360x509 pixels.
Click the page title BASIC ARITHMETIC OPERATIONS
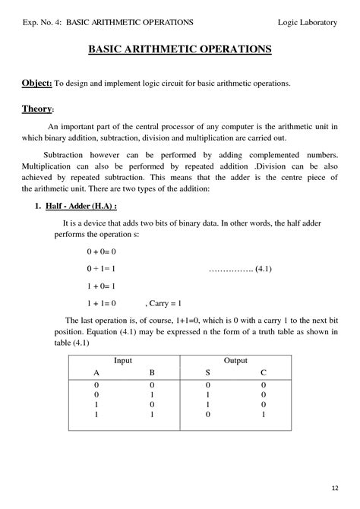[x=180, y=49]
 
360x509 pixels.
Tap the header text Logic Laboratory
[x=307, y=23]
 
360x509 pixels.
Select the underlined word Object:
[x=37, y=82]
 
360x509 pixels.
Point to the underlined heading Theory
[x=36, y=109]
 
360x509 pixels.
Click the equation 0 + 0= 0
[x=100, y=251]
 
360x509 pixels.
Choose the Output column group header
[x=235, y=359]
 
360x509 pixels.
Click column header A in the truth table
[x=96, y=373]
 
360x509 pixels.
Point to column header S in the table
[x=207, y=373]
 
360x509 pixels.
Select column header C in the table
[x=264, y=373]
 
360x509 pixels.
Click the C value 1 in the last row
[x=264, y=416]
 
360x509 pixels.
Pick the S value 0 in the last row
[x=207, y=416]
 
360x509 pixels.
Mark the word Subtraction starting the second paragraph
[x=66, y=154]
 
